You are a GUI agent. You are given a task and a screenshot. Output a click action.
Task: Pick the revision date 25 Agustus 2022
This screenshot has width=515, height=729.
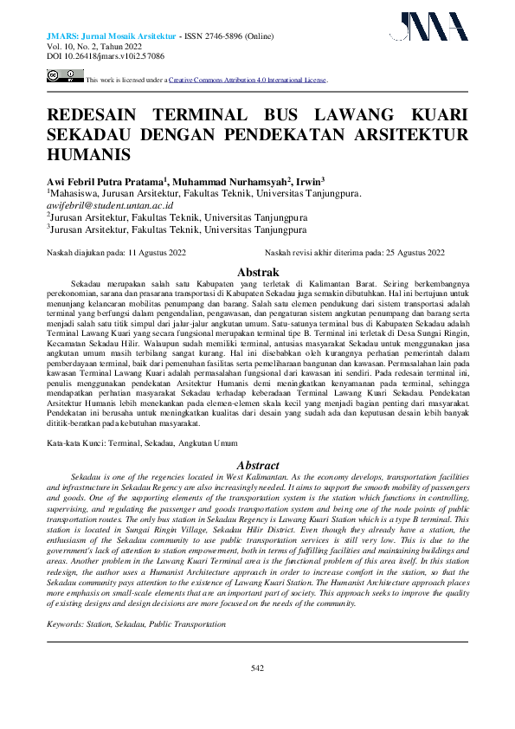click(x=415, y=253)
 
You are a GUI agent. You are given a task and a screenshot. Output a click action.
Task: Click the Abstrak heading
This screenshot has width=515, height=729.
click(x=257, y=272)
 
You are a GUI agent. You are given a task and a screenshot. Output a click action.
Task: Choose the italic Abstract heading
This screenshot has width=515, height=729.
click(x=257, y=465)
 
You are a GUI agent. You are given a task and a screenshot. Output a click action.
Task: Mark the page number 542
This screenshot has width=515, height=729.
click(x=257, y=667)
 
